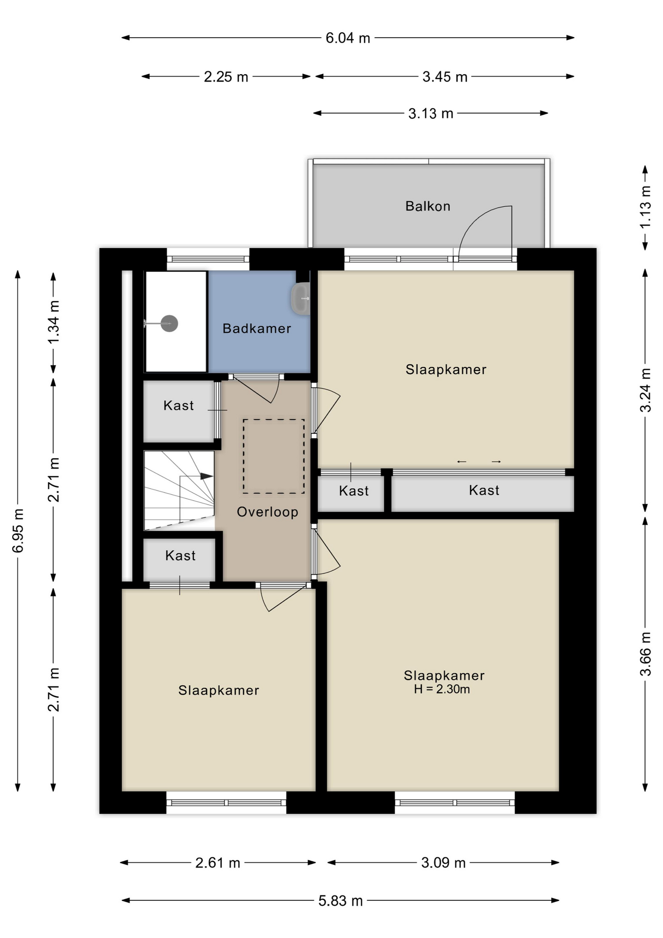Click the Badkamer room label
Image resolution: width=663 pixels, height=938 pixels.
(257, 328)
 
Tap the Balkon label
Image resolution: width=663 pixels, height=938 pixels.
(428, 206)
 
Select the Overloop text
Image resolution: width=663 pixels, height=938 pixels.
(268, 512)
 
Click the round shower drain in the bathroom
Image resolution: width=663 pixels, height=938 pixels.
(169, 323)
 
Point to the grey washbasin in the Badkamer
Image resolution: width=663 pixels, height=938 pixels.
(301, 298)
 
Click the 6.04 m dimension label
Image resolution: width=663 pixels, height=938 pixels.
(348, 38)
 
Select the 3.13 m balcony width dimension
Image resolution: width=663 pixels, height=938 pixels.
(431, 113)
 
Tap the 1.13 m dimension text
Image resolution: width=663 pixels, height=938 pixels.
(645, 207)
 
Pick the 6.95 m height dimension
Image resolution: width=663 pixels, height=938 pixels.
(18, 531)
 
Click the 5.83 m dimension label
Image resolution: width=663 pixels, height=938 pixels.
(340, 900)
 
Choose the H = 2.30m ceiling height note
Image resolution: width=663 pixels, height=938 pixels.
(442, 689)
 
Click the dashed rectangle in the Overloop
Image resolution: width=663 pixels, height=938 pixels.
(274, 456)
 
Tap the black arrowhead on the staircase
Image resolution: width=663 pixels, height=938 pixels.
(207, 476)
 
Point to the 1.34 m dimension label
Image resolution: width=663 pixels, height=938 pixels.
(54, 321)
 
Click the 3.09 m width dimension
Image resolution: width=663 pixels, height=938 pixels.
(443, 862)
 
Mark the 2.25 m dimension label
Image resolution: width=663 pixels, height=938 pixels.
(226, 77)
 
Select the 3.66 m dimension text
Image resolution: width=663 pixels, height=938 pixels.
(645, 654)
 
